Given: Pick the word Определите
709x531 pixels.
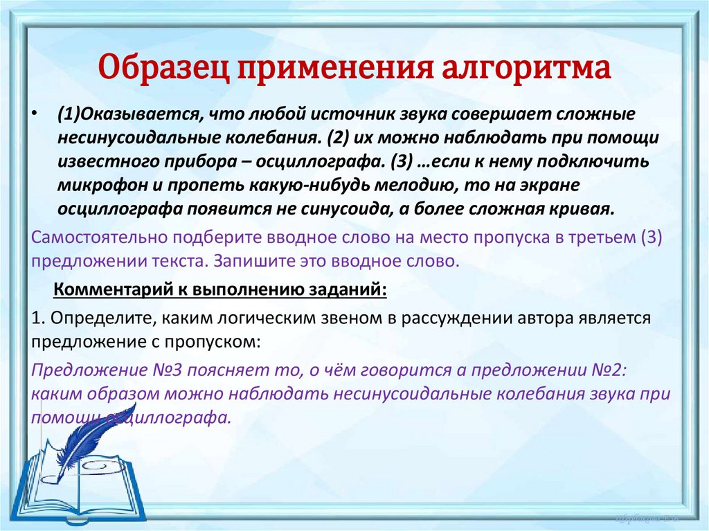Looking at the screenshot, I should pyautogui.click(x=93, y=318).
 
